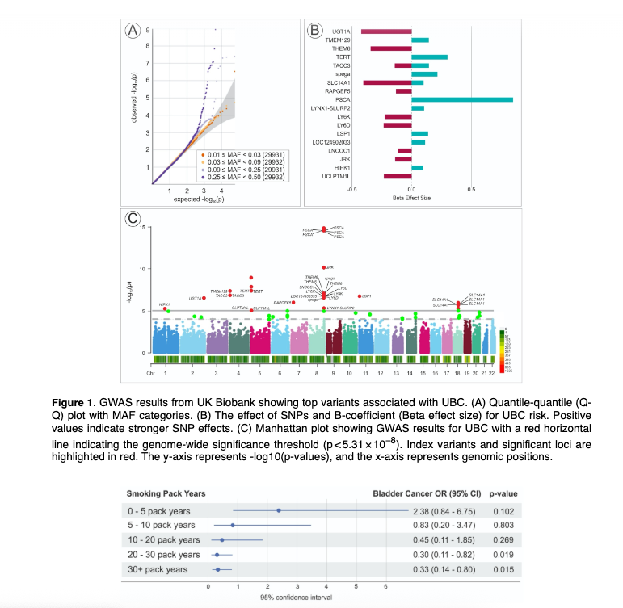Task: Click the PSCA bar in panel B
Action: pos(461,99)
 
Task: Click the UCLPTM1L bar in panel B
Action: pos(397,176)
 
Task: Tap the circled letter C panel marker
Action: pos(133,218)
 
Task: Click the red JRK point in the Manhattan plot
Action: pos(323,267)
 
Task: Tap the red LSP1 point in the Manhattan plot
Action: pos(359,296)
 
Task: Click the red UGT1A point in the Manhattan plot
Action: pos(204,298)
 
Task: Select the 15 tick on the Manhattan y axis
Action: pos(141,227)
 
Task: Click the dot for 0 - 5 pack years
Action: pos(279,510)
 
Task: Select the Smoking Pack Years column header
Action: pos(166,493)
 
